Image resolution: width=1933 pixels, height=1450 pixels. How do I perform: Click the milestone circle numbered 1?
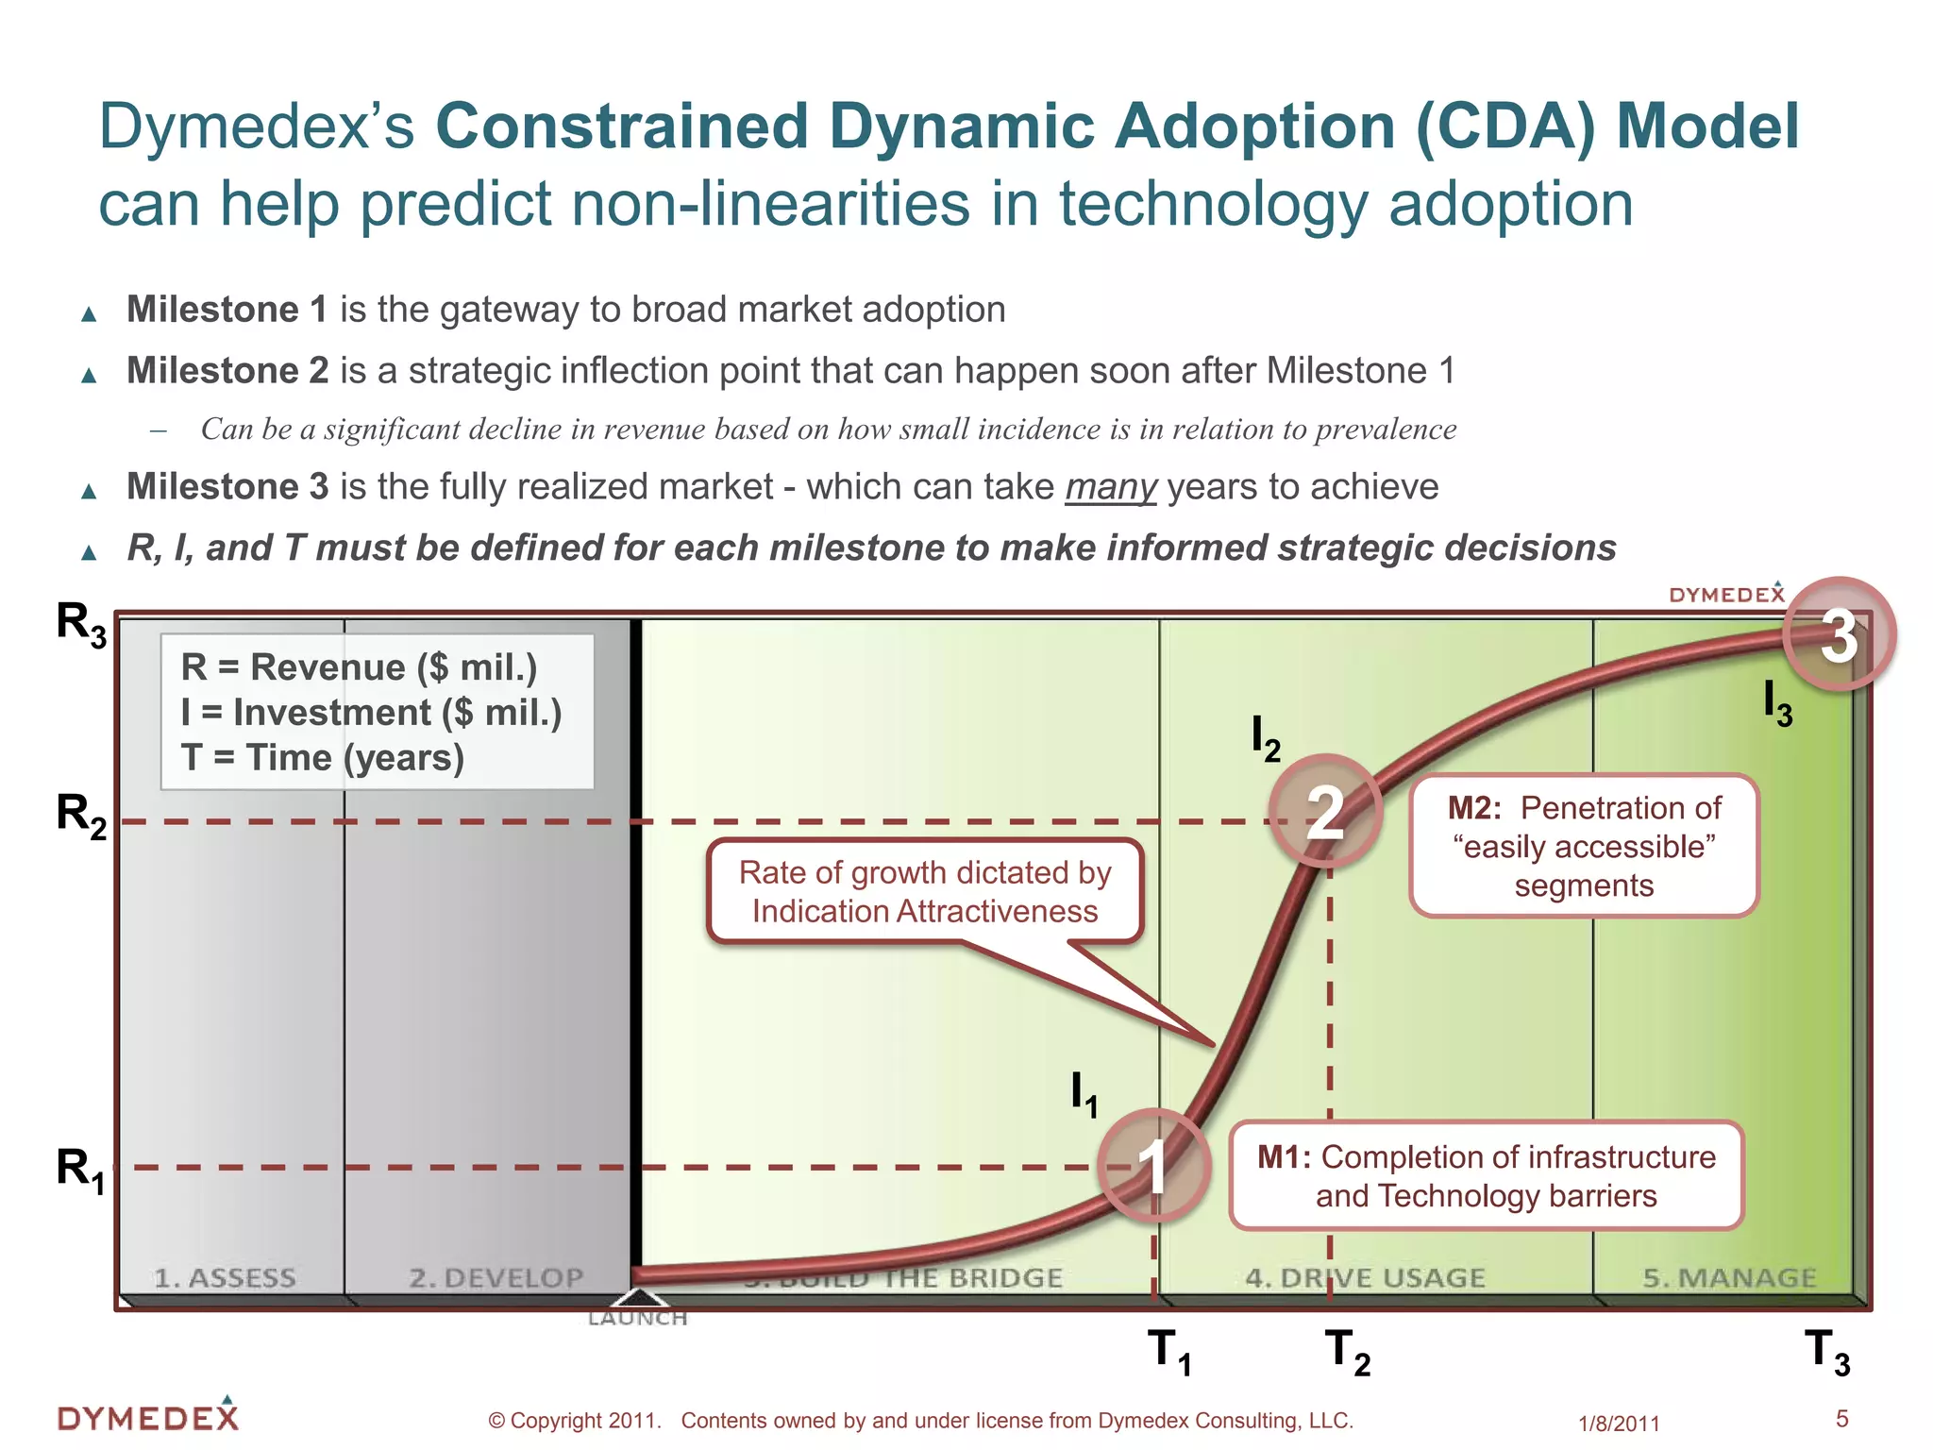click(x=1153, y=1167)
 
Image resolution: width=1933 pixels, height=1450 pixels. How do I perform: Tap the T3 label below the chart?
click(x=1827, y=1352)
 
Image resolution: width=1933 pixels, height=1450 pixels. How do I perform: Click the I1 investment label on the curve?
click(x=1084, y=1094)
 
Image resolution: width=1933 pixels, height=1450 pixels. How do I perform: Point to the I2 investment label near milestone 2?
click(x=1265, y=738)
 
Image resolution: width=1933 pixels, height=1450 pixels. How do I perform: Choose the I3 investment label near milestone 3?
click(x=1777, y=704)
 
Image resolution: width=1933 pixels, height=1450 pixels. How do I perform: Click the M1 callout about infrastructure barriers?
click(x=1486, y=1175)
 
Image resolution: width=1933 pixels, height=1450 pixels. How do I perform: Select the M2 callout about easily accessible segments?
click(x=1584, y=846)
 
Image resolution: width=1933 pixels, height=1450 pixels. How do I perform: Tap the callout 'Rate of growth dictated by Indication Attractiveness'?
click(x=925, y=891)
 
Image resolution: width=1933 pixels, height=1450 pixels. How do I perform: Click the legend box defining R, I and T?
click(x=377, y=712)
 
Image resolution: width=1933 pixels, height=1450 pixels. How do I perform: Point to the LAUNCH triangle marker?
click(x=639, y=1300)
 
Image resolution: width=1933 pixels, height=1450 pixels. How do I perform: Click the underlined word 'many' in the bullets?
click(x=1110, y=487)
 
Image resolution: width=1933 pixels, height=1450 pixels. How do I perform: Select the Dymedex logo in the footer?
click(x=148, y=1416)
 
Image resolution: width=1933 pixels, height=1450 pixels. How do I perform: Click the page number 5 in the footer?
click(x=1841, y=1418)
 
